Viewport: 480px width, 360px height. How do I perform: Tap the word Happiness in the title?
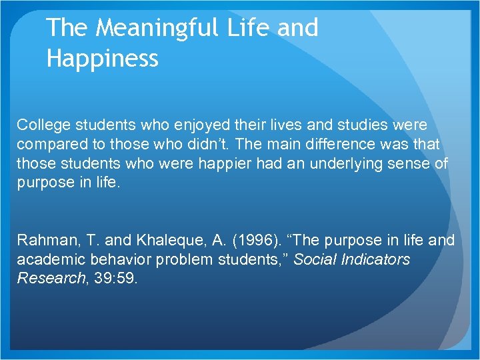point(103,59)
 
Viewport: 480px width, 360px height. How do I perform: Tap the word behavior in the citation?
point(114,259)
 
